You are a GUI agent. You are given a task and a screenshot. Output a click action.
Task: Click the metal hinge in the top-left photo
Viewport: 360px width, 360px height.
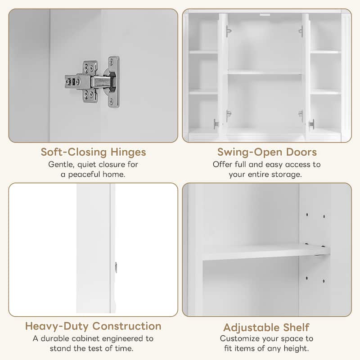[93, 81]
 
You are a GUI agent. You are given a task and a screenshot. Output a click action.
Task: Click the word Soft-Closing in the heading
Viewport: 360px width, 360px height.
[73, 152]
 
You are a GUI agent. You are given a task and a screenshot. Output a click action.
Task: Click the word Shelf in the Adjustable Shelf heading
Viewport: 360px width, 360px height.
[297, 327]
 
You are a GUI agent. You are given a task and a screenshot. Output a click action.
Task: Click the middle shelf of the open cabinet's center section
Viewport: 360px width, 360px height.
[264, 72]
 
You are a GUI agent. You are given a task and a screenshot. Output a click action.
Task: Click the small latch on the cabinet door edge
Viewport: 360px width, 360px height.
[116, 267]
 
